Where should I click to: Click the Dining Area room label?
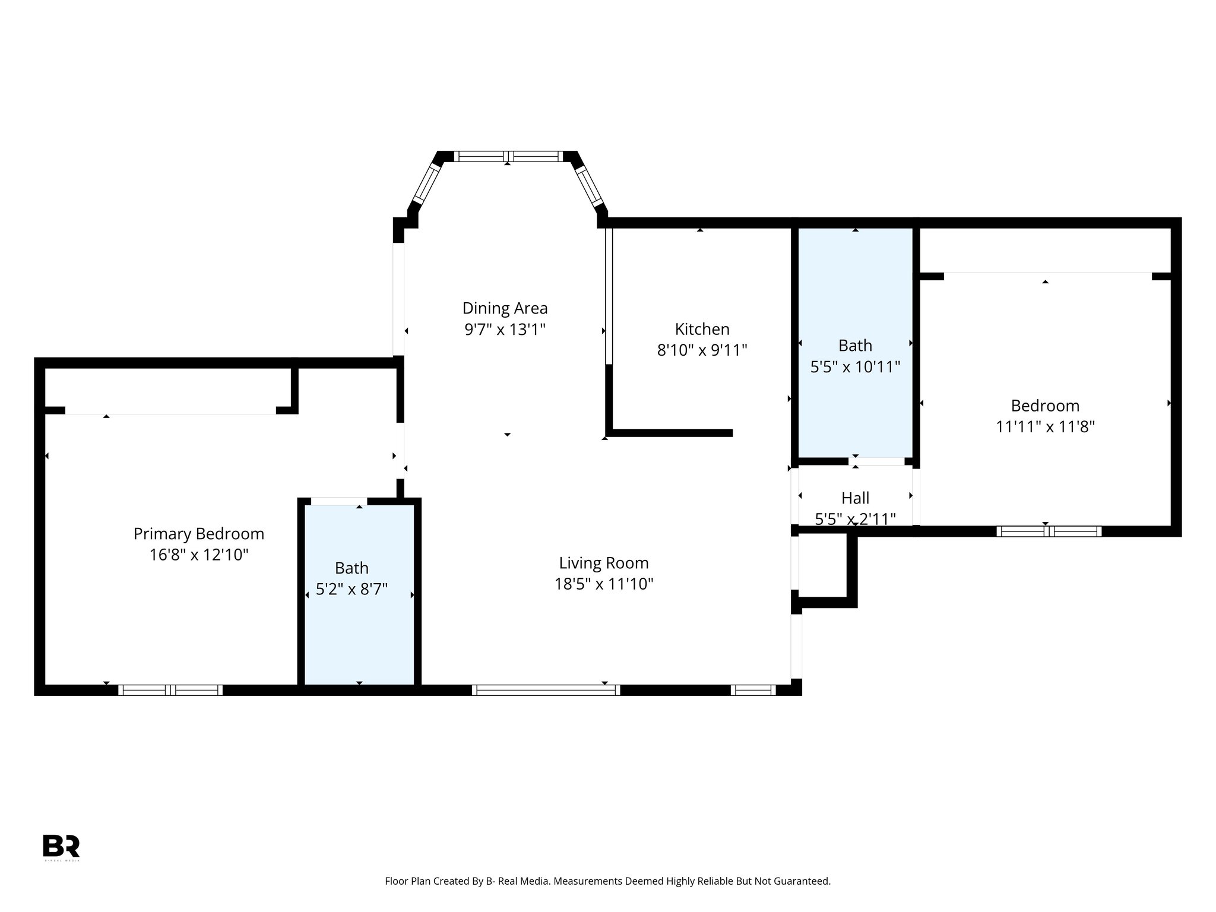pyautogui.click(x=505, y=308)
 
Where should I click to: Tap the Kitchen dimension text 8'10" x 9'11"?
pyautogui.click(x=702, y=350)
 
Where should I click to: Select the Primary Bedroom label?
pyautogui.click(x=198, y=534)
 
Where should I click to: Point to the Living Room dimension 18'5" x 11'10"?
pyautogui.click(x=604, y=584)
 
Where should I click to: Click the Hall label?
pyautogui.click(x=855, y=498)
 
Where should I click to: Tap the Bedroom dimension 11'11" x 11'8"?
pyautogui.click(x=1045, y=427)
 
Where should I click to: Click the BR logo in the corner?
pyautogui.click(x=61, y=847)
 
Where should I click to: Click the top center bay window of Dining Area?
pyautogui.click(x=508, y=157)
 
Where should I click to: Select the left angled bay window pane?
pyautogui.click(x=427, y=183)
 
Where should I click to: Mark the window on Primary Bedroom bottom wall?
pyautogui.click(x=170, y=690)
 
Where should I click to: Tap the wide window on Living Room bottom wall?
pyautogui.click(x=546, y=690)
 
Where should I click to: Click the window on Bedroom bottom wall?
pyautogui.click(x=1049, y=531)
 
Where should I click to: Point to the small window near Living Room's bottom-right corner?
pyautogui.click(x=753, y=690)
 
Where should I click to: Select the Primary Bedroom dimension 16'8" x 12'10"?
pyautogui.click(x=198, y=555)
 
